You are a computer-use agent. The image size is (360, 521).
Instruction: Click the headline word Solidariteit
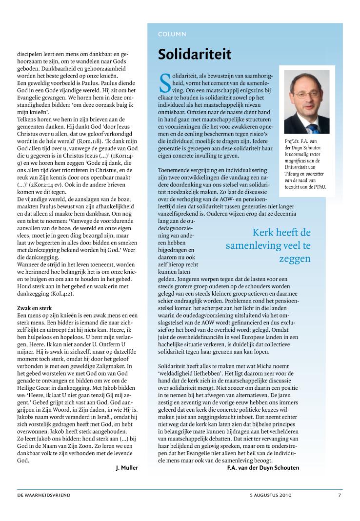click(x=195, y=55)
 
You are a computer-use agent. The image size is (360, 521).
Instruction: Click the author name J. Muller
click(x=127, y=468)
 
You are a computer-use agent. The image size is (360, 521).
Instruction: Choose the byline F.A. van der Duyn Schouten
click(x=263, y=468)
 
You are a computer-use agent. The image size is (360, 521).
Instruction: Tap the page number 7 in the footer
click(x=340, y=495)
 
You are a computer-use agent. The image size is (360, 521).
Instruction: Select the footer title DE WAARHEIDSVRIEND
click(x=44, y=495)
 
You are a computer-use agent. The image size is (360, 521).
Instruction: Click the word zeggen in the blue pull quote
click(x=295, y=258)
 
